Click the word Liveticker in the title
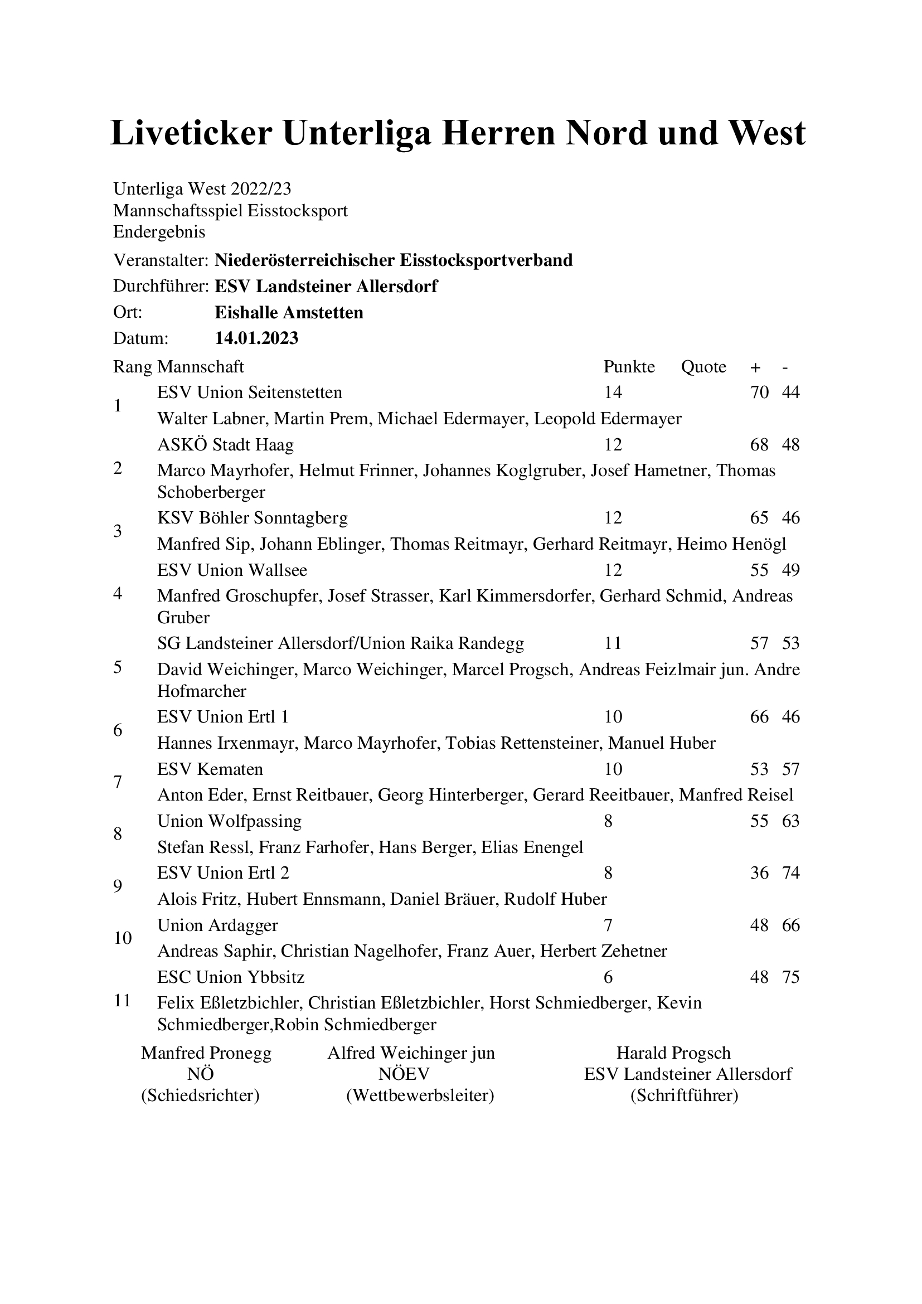pyautogui.click(x=191, y=133)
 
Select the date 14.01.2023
pyautogui.click(x=256, y=338)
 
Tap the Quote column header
pyautogui.click(x=703, y=367)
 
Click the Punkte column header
pyautogui.click(x=628, y=367)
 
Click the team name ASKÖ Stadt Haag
pyautogui.click(x=225, y=445)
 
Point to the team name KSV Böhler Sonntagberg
pyautogui.click(x=252, y=518)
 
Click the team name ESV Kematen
pyautogui.click(x=210, y=769)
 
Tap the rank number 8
pyautogui.click(x=118, y=835)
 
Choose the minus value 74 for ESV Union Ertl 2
pyautogui.click(x=790, y=873)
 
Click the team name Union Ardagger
pyautogui.click(x=217, y=925)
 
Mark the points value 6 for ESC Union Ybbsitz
pyautogui.click(x=608, y=977)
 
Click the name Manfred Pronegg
pyautogui.click(x=206, y=1053)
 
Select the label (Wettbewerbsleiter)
pyautogui.click(x=420, y=1095)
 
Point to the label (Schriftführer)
pyautogui.click(x=684, y=1095)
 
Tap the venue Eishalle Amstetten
pyautogui.click(x=288, y=312)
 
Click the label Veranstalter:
pyautogui.click(x=161, y=260)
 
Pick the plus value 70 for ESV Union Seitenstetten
pyautogui.click(x=759, y=392)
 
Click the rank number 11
pyautogui.click(x=123, y=1000)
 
